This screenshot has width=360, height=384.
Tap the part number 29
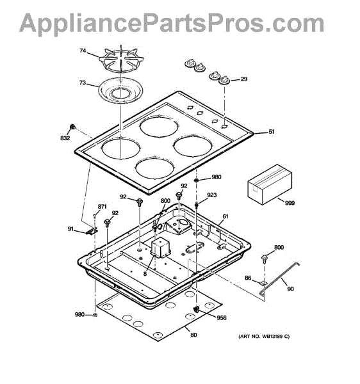pyautogui.click(x=244, y=79)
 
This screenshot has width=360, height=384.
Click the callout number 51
pyautogui.click(x=272, y=132)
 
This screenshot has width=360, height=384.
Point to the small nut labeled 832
pyautogui.click(x=72, y=127)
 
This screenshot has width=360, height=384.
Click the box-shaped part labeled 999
pyautogui.click(x=270, y=184)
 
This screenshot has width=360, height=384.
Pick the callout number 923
pyautogui.click(x=212, y=195)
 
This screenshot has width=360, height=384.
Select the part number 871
pyautogui.click(x=102, y=207)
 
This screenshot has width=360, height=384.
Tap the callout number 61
pyautogui.click(x=225, y=216)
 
